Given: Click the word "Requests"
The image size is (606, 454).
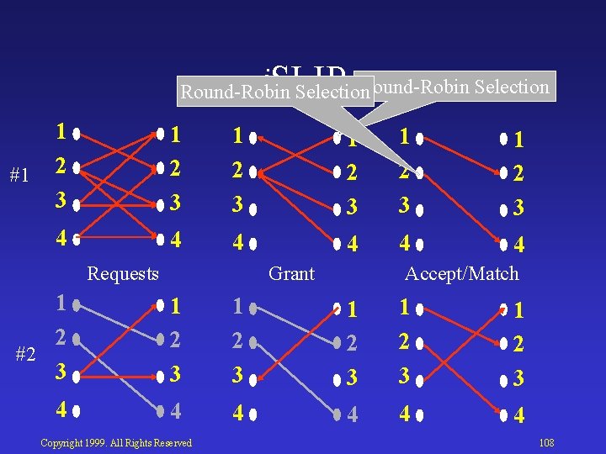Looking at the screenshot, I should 123,273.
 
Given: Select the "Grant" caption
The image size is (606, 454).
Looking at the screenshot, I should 291,273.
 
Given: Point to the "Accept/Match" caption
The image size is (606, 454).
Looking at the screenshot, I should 462,273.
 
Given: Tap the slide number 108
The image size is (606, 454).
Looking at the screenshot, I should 545,442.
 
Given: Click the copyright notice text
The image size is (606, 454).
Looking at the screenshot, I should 116,443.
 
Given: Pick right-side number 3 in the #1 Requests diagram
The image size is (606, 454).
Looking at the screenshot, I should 175,203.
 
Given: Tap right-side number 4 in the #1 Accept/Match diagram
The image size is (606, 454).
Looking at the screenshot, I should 519,245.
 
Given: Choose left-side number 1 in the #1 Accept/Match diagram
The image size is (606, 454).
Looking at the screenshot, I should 406,135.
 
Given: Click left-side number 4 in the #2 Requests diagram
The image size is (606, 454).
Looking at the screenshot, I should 61,412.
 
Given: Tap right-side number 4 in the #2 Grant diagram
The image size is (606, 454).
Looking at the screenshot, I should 352,414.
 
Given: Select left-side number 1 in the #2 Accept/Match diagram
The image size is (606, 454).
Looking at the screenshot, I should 406,307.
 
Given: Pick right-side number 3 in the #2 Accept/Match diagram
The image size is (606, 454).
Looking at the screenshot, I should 519,378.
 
